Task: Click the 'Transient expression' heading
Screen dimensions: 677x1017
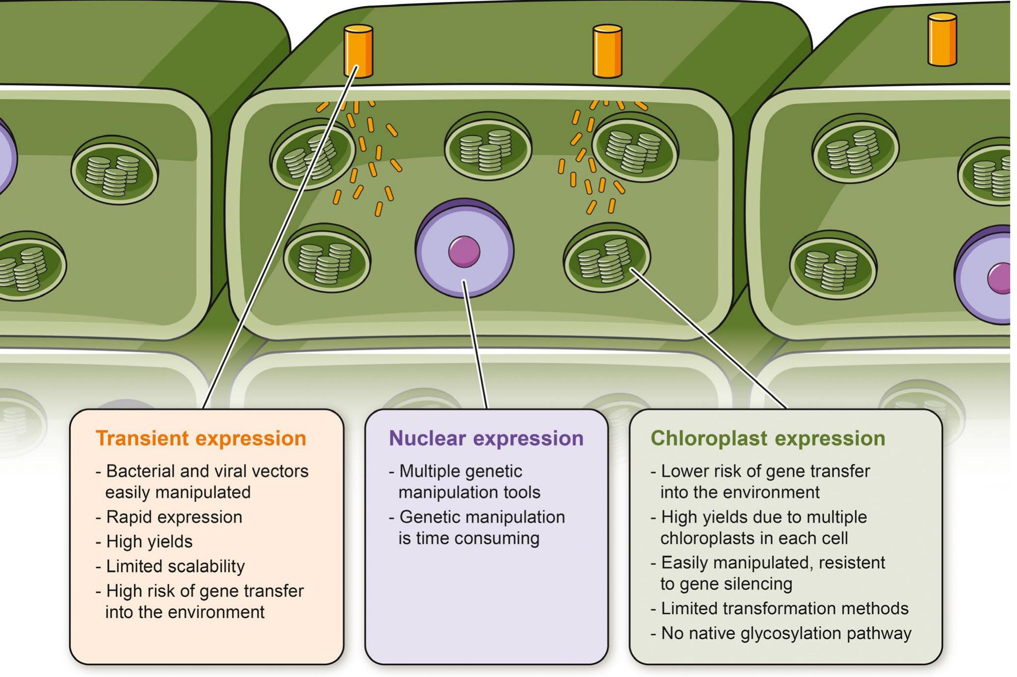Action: click(x=201, y=438)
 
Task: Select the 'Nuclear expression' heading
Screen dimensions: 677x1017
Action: click(x=486, y=438)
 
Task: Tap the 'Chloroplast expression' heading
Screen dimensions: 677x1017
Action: click(x=767, y=438)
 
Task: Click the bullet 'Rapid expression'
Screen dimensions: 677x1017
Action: click(x=174, y=517)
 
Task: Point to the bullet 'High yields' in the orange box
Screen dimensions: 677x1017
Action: click(x=149, y=541)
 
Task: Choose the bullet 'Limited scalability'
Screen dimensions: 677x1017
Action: click(x=175, y=566)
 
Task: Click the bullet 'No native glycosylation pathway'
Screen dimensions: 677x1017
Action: click(x=786, y=633)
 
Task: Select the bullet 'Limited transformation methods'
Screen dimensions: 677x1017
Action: click(x=784, y=608)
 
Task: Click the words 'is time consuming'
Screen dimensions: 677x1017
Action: click(x=469, y=538)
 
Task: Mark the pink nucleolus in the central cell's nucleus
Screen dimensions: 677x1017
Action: click(x=464, y=251)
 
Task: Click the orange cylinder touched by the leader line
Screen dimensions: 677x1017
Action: click(x=358, y=51)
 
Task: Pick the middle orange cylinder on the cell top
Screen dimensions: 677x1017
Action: click(x=607, y=51)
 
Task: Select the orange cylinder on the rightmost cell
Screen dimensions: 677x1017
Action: click(x=942, y=39)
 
